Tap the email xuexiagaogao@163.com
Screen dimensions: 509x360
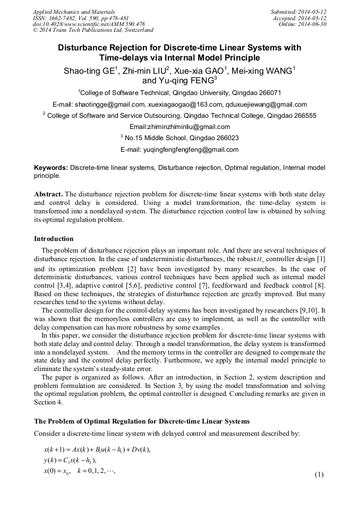pos(184,104)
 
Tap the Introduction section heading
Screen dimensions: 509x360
pos(54,238)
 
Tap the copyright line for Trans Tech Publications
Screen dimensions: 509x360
pos(93,30)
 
